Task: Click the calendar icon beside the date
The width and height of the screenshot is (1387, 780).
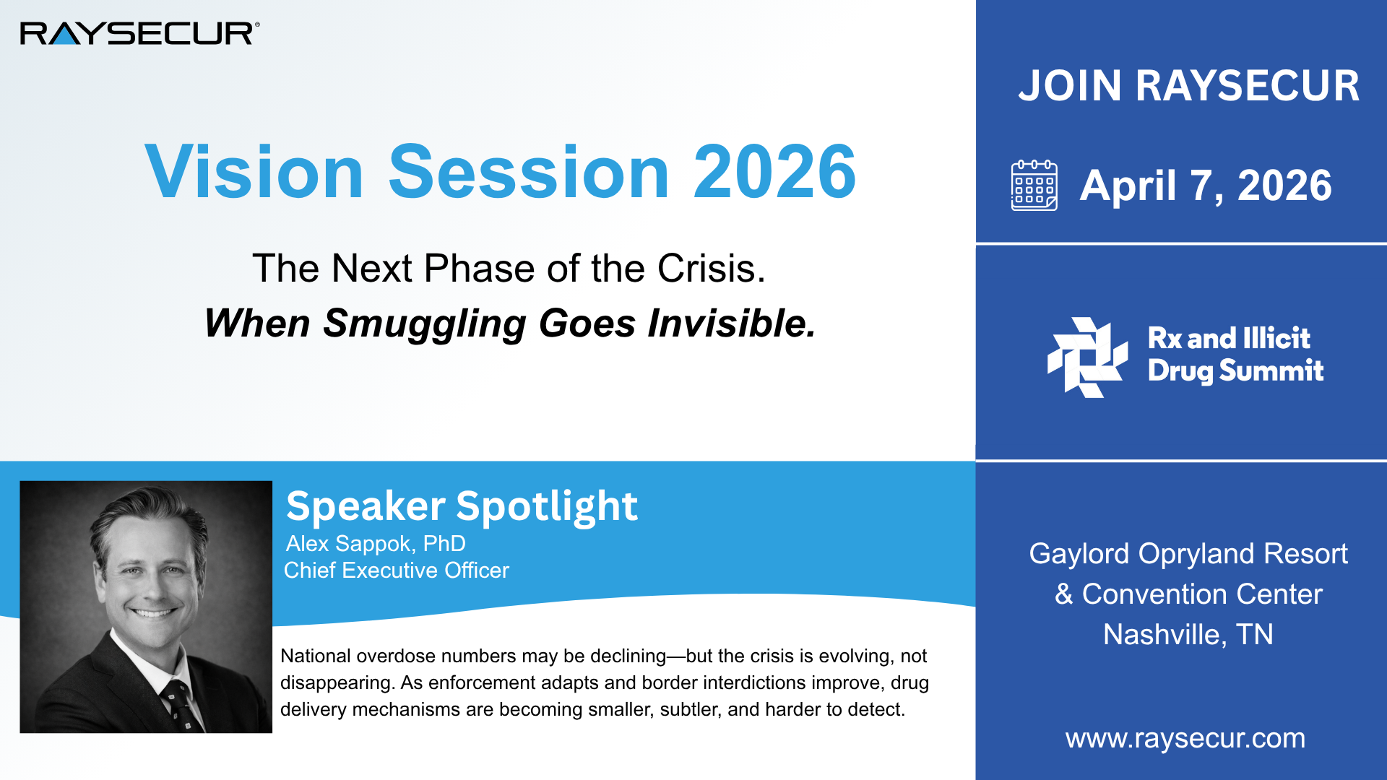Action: point(1034,186)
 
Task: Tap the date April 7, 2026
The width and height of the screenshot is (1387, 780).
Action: point(1205,186)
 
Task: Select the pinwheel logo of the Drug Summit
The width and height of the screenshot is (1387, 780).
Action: point(1086,357)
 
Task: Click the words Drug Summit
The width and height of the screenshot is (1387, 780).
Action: point(1235,370)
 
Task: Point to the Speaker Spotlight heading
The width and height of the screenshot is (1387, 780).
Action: point(462,506)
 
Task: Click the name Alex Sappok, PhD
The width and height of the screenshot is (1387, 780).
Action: point(376,543)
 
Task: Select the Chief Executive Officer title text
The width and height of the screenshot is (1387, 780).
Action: point(396,571)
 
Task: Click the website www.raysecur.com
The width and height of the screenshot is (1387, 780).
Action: point(1185,738)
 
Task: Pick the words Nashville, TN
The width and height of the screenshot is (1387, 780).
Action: point(1188,634)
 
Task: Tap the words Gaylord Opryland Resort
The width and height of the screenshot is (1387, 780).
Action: point(1188,553)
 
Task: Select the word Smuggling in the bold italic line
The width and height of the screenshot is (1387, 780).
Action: point(424,323)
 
